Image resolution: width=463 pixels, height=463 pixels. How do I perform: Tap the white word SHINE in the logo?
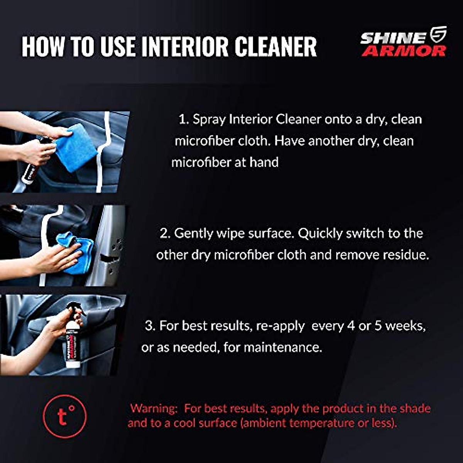(x=393, y=38)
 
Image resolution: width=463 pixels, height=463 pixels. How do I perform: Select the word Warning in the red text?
(x=153, y=408)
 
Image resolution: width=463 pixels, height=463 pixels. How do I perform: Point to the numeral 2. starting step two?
(x=165, y=233)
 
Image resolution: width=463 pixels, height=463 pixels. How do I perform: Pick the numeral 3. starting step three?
(x=150, y=326)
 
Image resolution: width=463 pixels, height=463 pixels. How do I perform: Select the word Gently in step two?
(x=193, y=234)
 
